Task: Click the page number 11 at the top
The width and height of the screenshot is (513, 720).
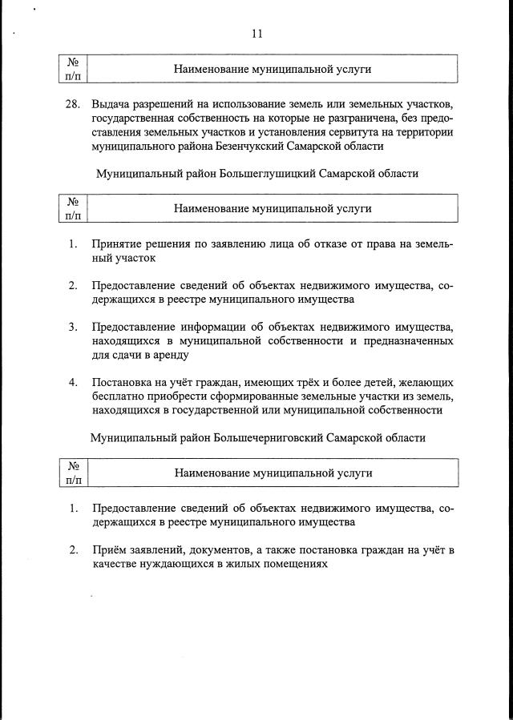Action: point(256,34)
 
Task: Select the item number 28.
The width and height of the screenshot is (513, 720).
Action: point(73,104)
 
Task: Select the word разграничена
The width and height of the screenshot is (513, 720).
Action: point(359,119)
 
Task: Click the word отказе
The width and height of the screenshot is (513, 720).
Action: point(324,244)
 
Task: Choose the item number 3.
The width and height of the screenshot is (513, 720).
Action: point(73,327)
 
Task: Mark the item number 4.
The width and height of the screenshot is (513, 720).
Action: point(73,382)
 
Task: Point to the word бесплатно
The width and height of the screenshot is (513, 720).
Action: point(119,396)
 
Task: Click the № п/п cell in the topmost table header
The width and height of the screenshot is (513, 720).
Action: point(71,69)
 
